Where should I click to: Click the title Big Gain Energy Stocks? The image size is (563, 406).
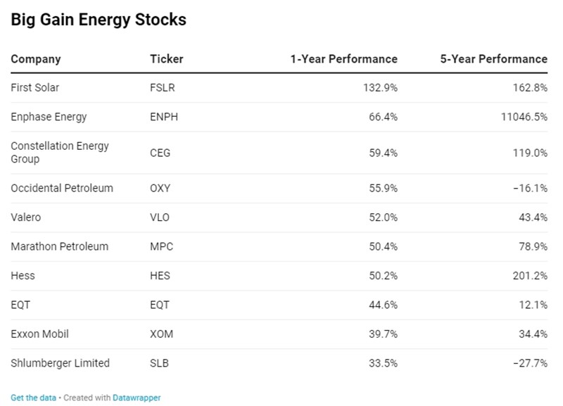click(99, 20)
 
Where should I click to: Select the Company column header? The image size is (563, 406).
click(36, 59)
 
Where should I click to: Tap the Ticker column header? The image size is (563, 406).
click(167, 59)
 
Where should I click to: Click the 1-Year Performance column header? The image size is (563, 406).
click(343, 59)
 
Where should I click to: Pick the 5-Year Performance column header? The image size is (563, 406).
click(493, 59)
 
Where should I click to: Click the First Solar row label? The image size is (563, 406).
click(35, 88)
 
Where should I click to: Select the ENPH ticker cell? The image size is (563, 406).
click(164, 117)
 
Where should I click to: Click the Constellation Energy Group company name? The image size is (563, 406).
click(60, 153)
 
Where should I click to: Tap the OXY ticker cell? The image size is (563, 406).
click(160, 189)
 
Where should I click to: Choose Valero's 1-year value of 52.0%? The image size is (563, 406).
click(383, 217)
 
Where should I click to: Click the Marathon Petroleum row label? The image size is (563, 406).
click(60, 246)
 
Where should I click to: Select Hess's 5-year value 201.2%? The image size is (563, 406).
click(530, 276)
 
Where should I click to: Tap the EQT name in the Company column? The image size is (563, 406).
click(20, 305)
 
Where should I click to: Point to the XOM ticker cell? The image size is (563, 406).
click(161, 334)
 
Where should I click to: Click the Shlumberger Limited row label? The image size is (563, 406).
click(61, 363)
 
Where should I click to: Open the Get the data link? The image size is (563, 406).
click(33, 398)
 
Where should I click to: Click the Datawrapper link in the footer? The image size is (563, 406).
click(137, 398)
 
